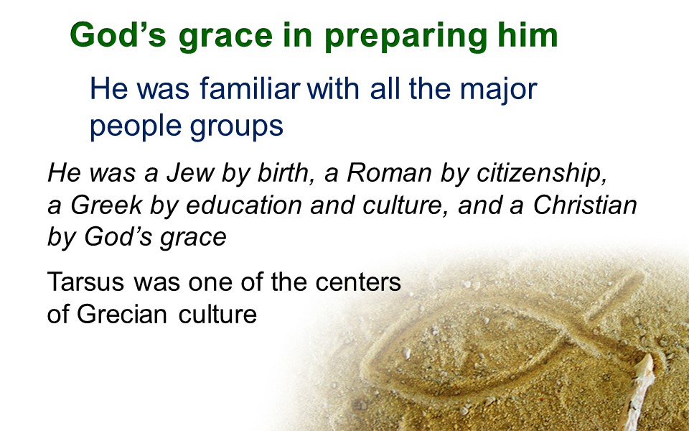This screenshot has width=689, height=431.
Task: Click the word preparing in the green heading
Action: click(406, 37)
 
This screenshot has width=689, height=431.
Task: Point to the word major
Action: click(498, 90)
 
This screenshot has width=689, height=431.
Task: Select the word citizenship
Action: click(542, 174)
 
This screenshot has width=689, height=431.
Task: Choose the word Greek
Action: click(106, 205)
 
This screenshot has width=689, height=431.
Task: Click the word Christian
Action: click(585, 205)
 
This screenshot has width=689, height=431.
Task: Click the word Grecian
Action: click(122, 314)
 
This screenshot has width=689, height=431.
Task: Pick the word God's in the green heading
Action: click(118, 34)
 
